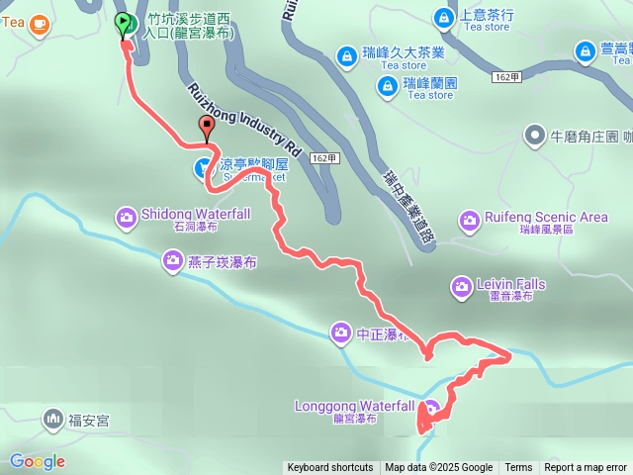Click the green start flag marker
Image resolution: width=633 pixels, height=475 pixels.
124,23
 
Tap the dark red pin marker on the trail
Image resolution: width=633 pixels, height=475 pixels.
206,127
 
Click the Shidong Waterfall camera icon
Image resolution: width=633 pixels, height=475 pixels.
127,216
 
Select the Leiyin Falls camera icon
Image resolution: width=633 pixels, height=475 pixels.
461,288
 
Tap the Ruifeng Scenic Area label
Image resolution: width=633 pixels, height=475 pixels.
532,218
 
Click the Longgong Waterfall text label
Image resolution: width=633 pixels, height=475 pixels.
354,406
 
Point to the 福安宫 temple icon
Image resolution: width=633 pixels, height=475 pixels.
52,421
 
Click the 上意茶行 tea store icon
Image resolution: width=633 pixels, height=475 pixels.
443,17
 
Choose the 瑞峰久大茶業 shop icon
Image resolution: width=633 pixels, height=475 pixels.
346,56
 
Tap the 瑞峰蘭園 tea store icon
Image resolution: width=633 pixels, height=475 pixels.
385,87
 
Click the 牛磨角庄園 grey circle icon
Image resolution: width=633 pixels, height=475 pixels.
535,134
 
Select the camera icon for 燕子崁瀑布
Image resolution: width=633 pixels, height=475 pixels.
173,261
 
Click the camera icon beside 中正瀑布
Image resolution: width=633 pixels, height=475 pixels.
341,332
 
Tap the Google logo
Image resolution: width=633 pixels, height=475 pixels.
38,461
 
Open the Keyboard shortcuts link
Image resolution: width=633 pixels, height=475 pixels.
330,468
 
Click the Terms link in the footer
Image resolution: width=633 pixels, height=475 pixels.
518,468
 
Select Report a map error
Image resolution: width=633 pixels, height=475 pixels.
586,468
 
